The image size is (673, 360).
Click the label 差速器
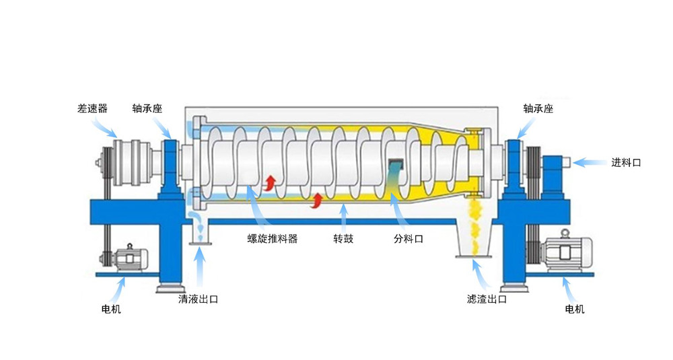click(x=92, y=108)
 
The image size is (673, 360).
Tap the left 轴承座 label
click(x=147, y=108)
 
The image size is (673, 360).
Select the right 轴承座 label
click(x=538, y=108)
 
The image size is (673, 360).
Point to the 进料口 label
click(x=626, y=163)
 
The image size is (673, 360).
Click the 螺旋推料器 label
click(x=273, y=239)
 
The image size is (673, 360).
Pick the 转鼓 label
click(x=343, y=239)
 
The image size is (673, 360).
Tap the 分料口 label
click(x=409, y=239)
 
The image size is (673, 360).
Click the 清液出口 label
click(x=199, y=299)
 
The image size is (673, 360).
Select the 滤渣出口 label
click(x=487, y=299)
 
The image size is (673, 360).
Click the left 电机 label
click(x=111, y=309)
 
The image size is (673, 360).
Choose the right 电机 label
click(x=575, y=309)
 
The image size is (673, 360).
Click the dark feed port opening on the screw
click(x=396, y=164)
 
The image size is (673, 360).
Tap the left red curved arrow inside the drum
click(x=270, y=182)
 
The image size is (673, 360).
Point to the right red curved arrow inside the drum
click(x=317, y=201)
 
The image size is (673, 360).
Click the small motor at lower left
click(x=127, y=258)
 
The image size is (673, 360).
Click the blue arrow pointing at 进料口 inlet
click(x=590, y=163)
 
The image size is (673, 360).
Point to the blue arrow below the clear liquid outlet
click(x=199, y=266)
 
